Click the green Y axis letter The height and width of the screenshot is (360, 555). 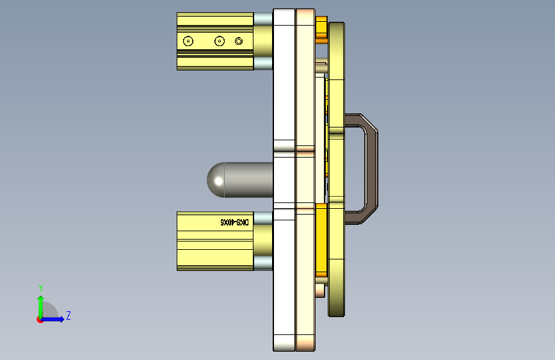40,288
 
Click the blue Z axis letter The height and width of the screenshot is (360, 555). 68,316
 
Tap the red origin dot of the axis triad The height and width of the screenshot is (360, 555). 40,320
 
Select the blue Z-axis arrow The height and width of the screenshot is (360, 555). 55,319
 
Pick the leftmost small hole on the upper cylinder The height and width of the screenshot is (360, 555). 188,41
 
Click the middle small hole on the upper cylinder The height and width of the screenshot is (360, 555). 220,41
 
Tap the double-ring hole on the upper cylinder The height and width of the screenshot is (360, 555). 239,41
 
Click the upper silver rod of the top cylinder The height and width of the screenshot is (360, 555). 263,19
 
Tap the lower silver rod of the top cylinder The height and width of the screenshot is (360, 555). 263,63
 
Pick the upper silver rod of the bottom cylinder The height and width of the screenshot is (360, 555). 263,218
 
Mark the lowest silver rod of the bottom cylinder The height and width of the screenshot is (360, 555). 263,263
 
